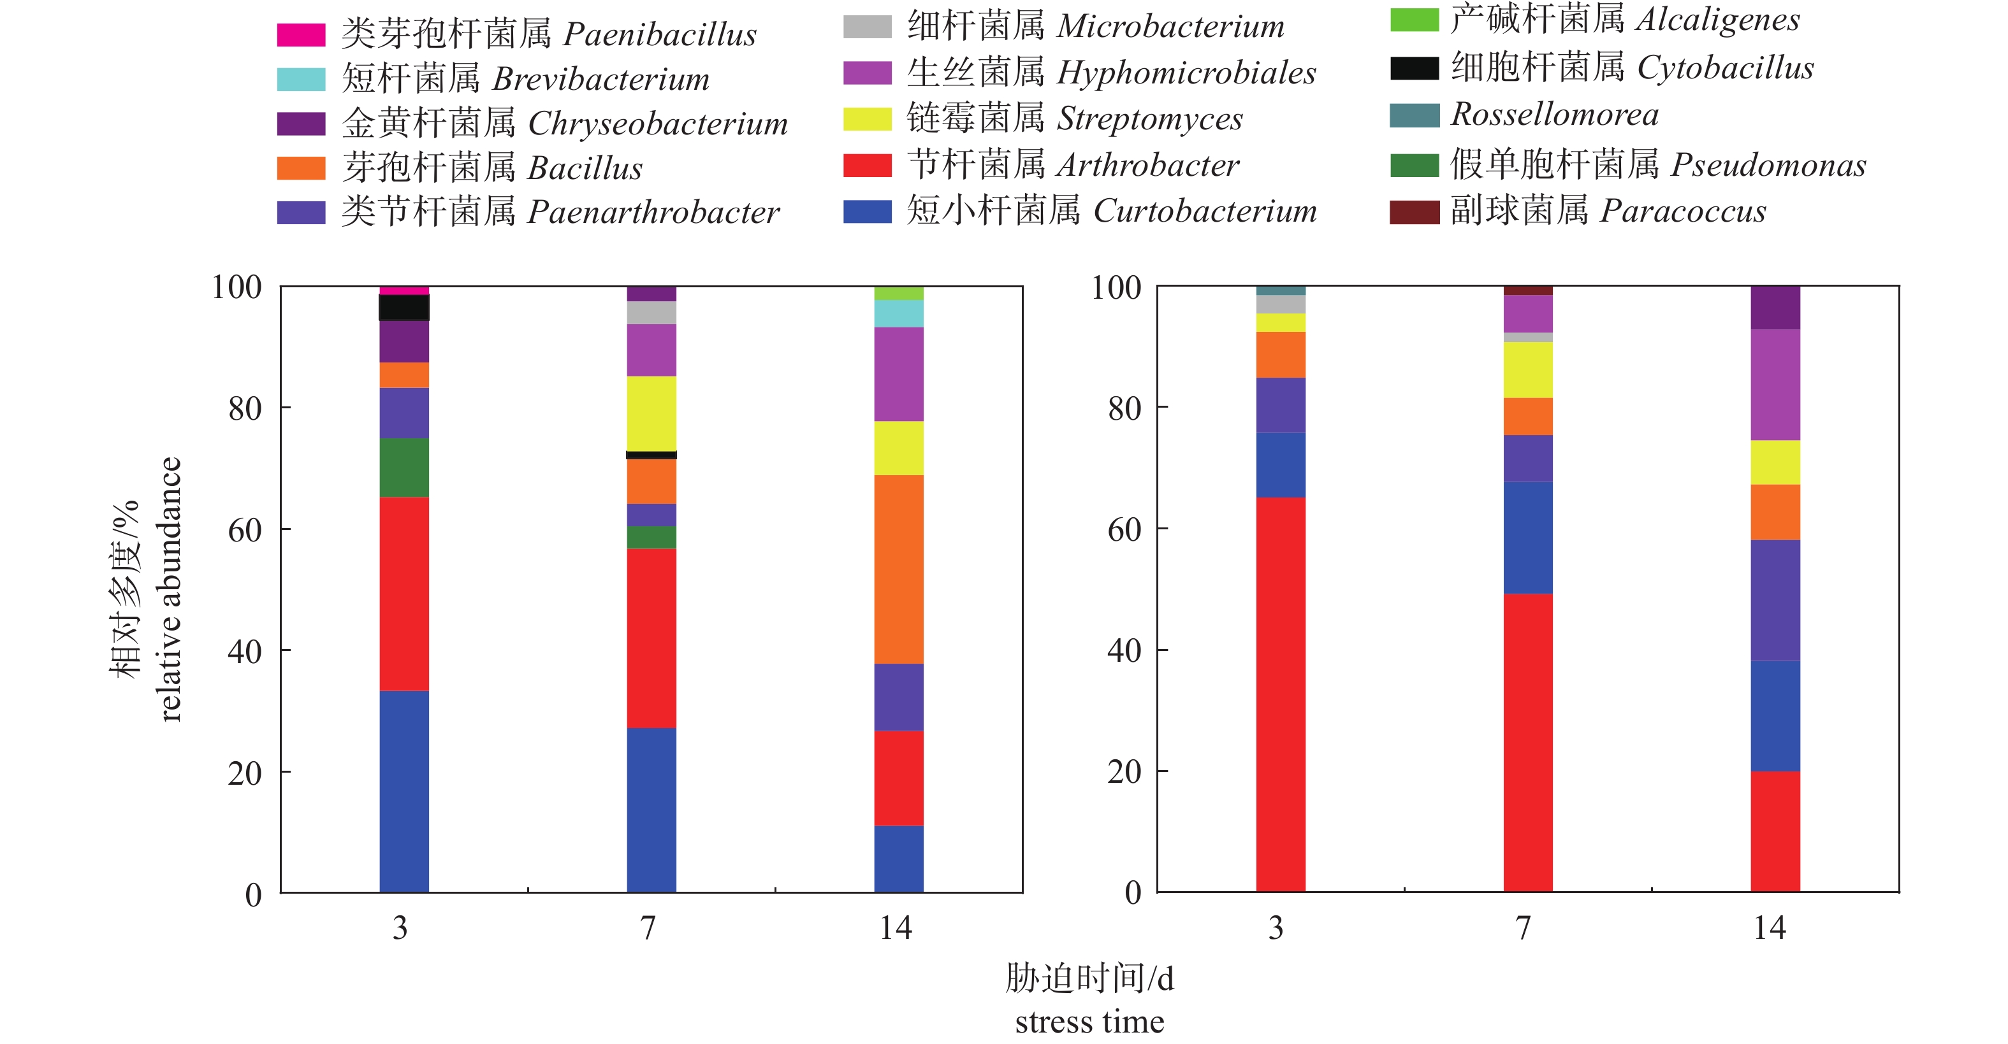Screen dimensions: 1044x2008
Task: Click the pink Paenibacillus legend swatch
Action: pyautogui.click(x=301, y=35)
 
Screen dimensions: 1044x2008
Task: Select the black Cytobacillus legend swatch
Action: pyautogui.click(x=1414, y=69)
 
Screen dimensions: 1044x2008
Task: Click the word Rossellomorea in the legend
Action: pyautogui.click(x=1554, y=115)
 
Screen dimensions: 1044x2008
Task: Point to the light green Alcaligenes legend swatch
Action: pyautogui.click(x=1414, y=20)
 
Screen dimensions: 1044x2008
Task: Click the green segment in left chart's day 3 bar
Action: pyautogui.click(x=404, y=468)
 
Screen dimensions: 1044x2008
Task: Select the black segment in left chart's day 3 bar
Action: pyautogui.click(x=404, y=308)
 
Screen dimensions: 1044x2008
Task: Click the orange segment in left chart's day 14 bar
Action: pyautogui.click(x=899, y=569)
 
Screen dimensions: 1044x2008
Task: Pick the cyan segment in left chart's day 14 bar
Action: pyautogui.click(x=899, y=313)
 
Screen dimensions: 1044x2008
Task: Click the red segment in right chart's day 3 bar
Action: pyautogui.click(x=1281, y=694)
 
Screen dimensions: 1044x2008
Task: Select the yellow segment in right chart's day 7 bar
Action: pyautogui.click(x=1528, y=370)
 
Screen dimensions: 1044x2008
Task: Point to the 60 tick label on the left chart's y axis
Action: pyautogui.click(x=245, y=531)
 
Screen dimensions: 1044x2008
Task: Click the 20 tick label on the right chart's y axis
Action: pyautogui.click(x=1124, y=772)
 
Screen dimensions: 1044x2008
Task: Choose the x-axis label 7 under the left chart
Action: pyautogui.click(x=648, y=928)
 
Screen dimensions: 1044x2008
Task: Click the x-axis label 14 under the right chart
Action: pyautogui.click(x=1770, y=928)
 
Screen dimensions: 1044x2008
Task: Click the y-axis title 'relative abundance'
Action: pyautogui.click(x=170, y=589)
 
